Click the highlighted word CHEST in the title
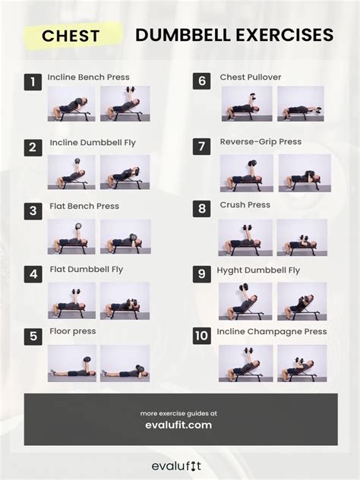(x=71, y=36)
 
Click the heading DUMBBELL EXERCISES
(x=234, y=35)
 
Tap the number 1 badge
(x=33, y=82)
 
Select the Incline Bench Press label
(x=88, y=77)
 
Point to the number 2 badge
(x=33, y=147)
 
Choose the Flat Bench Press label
(x=84, y=206)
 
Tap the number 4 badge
(x=33, y=274)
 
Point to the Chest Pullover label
(x=250, y=77)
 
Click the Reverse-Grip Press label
(x=261, y=142)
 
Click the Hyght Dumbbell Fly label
(x=258, y=270)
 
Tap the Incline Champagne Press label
(x=272, y=332)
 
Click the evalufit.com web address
(x=178, y=425)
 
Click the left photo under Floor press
(x=71, y=363)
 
